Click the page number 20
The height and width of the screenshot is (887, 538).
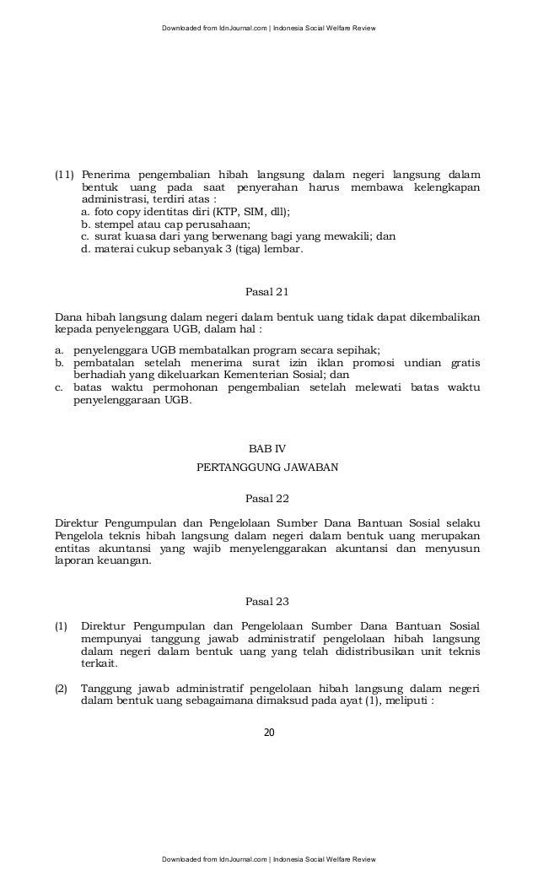(269, 731)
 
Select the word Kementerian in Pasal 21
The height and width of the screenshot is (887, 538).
(254, 375)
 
